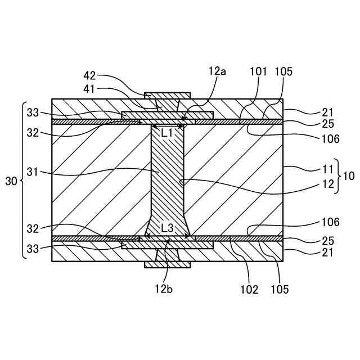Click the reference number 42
(x=89, y=76)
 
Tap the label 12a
(x=217, y=71)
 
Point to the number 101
(x=259, y=71)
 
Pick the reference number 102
(x=249, y=290)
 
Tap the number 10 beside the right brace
(x=349, y=175)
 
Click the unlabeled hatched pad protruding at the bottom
(x=168, y=265)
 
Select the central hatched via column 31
(x=168, y=180)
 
